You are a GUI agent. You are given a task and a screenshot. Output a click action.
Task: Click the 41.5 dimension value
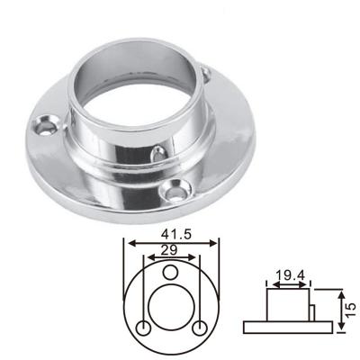click(171, 232)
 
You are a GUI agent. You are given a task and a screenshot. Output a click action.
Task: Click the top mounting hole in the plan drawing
click(171, 272)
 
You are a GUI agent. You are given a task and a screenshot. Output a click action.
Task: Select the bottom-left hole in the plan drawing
click(143, 328)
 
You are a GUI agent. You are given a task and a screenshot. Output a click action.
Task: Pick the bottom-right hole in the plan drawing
click(200, 328)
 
